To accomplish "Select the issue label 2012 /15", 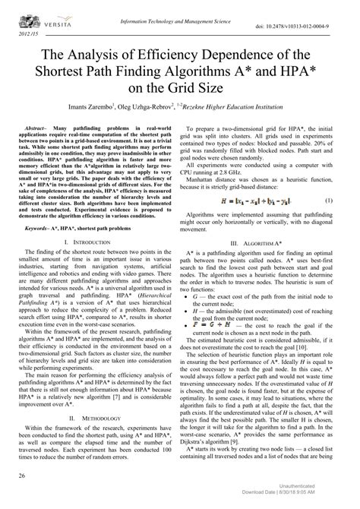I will point(21,35).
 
